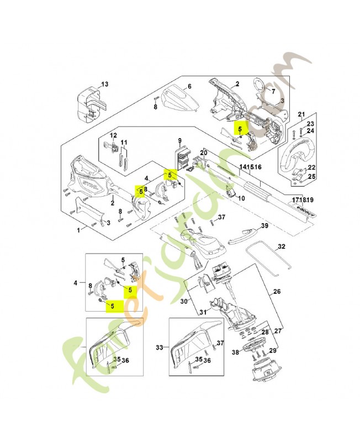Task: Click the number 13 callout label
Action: tap(105, 84)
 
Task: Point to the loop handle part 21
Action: tap(296, 151)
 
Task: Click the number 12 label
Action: tap(114, 135)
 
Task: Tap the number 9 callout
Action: tap(179, 141)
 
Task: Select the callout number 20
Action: tap(203, 152)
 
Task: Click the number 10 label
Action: tap(241, 197)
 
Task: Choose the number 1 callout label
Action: tap(78, 228)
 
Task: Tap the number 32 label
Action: tap(281, 246)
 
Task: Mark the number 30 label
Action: tap(184, 301)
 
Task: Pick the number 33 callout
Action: tap(160, 348)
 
